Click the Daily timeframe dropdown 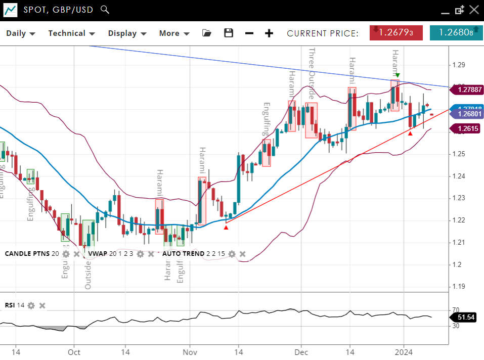point(20,33)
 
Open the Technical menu point(71,33)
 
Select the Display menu point(127,33)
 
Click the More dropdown point(174,33)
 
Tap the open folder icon point(206,33)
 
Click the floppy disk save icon point(229,33)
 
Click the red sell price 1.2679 point(396,33)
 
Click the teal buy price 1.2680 point(456,33)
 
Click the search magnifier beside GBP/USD point(105,9)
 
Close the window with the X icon point(473,10)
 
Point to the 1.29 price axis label point(459,65)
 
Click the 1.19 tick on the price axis point(459,287)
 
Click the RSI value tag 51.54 point(466,317)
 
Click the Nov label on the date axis point(190,352)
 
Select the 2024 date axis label point(404,352)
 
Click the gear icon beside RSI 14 point(31,305)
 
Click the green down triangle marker point(398,75)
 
